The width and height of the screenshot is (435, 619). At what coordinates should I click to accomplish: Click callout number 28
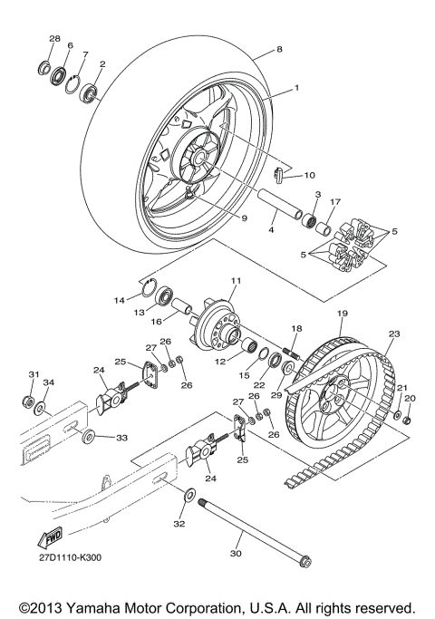54,40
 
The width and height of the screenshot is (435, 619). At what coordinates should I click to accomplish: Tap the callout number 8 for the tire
279,49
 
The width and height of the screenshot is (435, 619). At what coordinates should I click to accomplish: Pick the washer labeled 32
189,497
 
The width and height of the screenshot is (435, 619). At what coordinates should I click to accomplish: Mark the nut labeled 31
31,401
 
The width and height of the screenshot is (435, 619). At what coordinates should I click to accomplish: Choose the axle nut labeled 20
408,419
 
